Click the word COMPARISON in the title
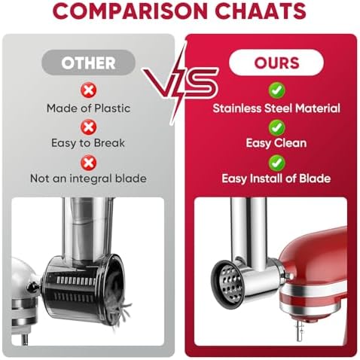(131, 11)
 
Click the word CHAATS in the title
(261, 11)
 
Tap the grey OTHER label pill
(88, 63)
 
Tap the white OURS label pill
(276, 63)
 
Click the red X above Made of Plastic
(88, 90)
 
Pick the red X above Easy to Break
(88, 127)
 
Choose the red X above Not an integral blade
(88, 163)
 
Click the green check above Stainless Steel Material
(276, 90)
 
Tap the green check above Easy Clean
(276, 127)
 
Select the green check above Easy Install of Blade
(276, 163)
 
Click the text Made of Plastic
(88, 108)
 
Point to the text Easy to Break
(88, 143)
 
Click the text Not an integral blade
(88, 178)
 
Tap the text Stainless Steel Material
(276, 108)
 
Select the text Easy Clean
(276, 143)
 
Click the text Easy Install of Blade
(276, 178)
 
